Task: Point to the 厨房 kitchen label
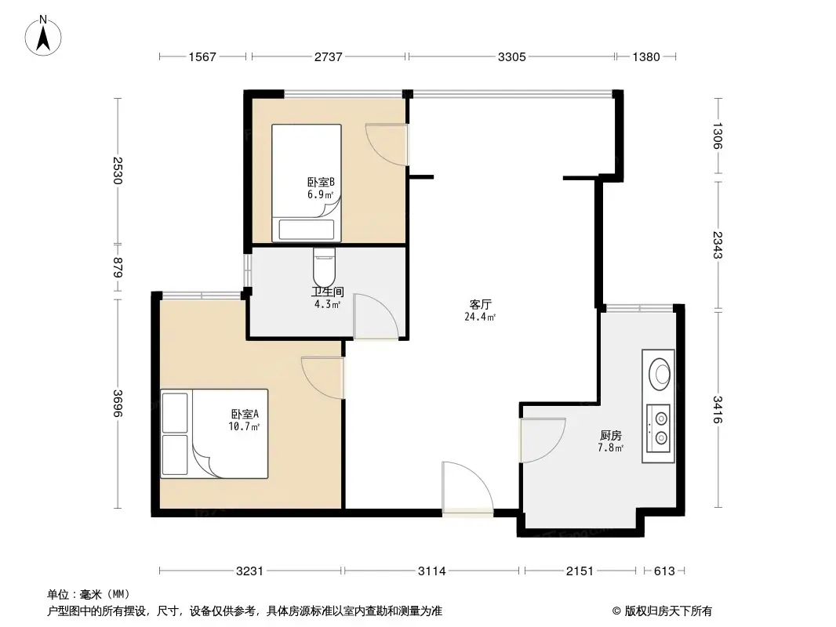[611, 435]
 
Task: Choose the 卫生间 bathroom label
[326, 292]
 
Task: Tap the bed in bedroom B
[307, 182]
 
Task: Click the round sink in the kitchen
[659, 372]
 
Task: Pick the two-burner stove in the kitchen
[659, 427]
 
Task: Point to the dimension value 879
[118, 270]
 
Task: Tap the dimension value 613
[663, 571]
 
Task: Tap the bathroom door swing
[375, 316]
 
